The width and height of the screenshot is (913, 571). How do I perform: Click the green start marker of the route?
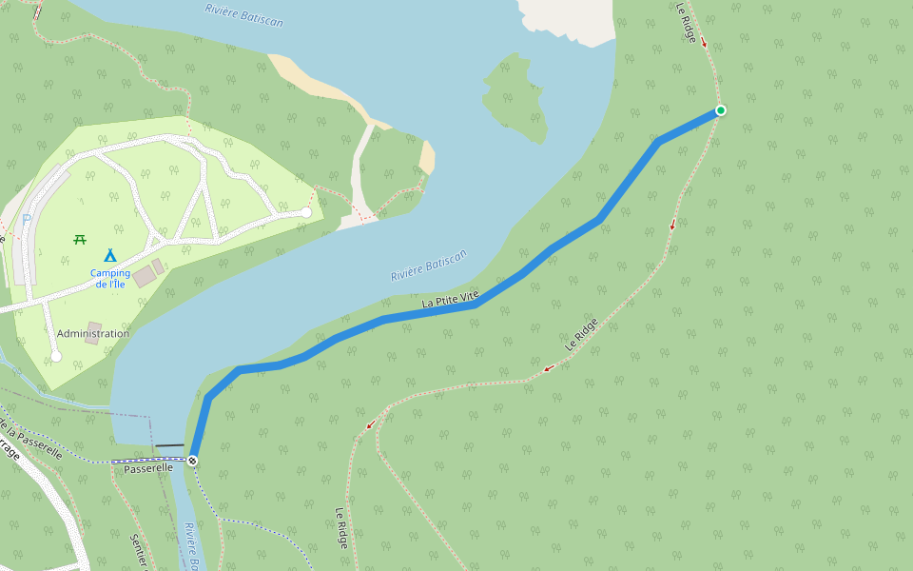pyautogui.click(x=721, y=110)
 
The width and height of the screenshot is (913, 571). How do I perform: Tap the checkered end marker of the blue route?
pyautogui.click(x=193, y=462)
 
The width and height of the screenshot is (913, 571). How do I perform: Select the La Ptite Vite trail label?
pyautogui.click(x=451, y=301)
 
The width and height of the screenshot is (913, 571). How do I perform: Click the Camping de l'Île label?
pyautogui.click(x=110, y=279)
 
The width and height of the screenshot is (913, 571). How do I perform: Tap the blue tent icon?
pyautogui.click(x=109, y=255)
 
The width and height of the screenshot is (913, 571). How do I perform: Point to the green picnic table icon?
pyautogui.click(x=80, y=239)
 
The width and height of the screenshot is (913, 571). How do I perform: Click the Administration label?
pyautogui.click(x=92, y=334)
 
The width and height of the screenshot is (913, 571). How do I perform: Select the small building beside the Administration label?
pyautogui.click(x=93, y=327)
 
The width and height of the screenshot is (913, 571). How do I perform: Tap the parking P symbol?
pyautogui.click(x=26, y=221)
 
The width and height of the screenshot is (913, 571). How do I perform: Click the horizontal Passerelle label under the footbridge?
pyautogui.click(x=148, y=468)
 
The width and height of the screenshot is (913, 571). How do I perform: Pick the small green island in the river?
pyautogui.click(x=515, y=98)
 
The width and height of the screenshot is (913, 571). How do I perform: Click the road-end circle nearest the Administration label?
pyautogui.click(x=56, y=356)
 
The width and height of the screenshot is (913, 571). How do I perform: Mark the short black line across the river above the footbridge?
pyautogui.click(x=169, y=444)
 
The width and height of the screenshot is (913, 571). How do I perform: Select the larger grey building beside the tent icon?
pyautogui.click(x=143, y=277)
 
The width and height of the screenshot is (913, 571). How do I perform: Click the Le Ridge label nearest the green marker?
pyautogui.click(x=686, y=22)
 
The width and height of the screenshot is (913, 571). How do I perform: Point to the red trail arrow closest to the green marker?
pyautogui.click(x=704, y=43)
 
